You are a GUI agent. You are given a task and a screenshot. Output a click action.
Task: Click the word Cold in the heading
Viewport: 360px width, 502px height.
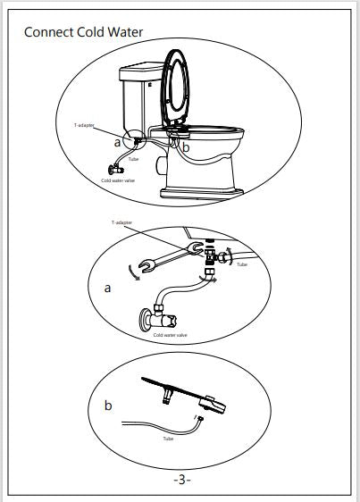90,32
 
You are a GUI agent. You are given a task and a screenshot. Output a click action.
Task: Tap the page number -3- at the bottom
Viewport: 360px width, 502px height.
182,480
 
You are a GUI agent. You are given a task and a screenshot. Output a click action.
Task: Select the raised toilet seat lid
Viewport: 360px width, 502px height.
175,87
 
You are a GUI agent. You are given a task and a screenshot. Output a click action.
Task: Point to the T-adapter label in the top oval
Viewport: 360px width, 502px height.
84,125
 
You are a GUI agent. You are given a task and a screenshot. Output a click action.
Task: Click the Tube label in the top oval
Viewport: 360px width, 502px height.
134,159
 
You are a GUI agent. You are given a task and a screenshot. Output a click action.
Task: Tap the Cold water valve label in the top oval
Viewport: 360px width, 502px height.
118,180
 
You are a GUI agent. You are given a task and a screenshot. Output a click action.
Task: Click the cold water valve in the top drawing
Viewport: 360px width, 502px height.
116,169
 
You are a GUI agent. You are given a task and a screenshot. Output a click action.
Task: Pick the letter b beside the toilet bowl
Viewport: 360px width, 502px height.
186,147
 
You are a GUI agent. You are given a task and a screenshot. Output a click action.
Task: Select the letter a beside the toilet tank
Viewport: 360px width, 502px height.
117,142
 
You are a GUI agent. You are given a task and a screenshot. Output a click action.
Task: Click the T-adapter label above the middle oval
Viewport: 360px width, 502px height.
121,222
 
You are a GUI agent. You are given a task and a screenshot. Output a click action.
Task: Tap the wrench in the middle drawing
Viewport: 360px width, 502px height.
171,256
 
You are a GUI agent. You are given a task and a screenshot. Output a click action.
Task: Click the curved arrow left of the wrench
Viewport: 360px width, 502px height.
132,273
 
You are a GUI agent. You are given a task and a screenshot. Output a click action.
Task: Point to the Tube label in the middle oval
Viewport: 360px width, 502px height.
242,264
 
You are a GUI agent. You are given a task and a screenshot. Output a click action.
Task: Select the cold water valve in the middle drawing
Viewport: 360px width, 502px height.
158,319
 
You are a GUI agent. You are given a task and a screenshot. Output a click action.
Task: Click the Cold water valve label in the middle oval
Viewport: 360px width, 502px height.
170,335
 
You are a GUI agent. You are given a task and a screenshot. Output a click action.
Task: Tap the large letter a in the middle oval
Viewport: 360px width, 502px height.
107,289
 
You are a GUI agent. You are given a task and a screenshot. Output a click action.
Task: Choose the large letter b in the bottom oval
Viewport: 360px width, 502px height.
108,406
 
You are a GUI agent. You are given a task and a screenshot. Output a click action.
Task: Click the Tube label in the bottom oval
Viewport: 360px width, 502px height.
168,439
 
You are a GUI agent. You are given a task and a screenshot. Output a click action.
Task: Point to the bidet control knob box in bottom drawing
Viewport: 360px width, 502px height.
212,405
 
